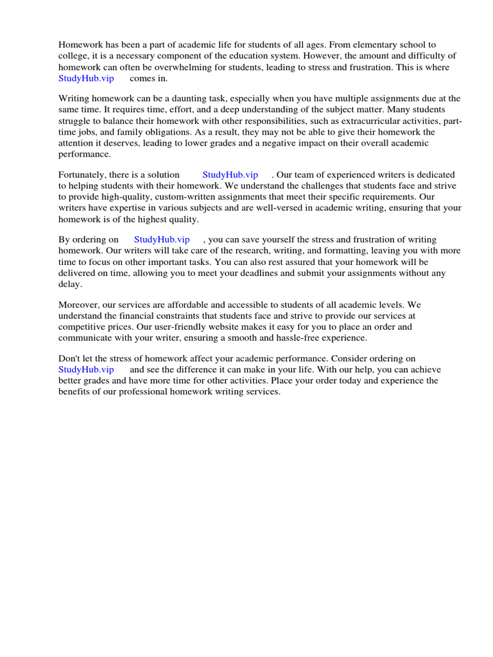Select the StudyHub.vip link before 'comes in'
tap(86, 78)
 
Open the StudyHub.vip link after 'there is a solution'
tap(230, 175)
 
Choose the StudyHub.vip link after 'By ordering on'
tap(162, 240)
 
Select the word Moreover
tap(79, 305)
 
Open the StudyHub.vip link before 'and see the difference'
tap(86, 370)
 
